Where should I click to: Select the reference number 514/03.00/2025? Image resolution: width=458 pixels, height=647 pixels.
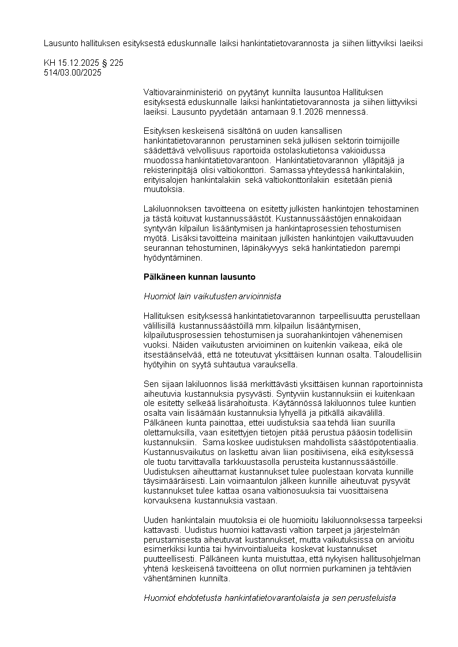click(73, 72)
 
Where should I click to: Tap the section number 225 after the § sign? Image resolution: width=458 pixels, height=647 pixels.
click(117, 62)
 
